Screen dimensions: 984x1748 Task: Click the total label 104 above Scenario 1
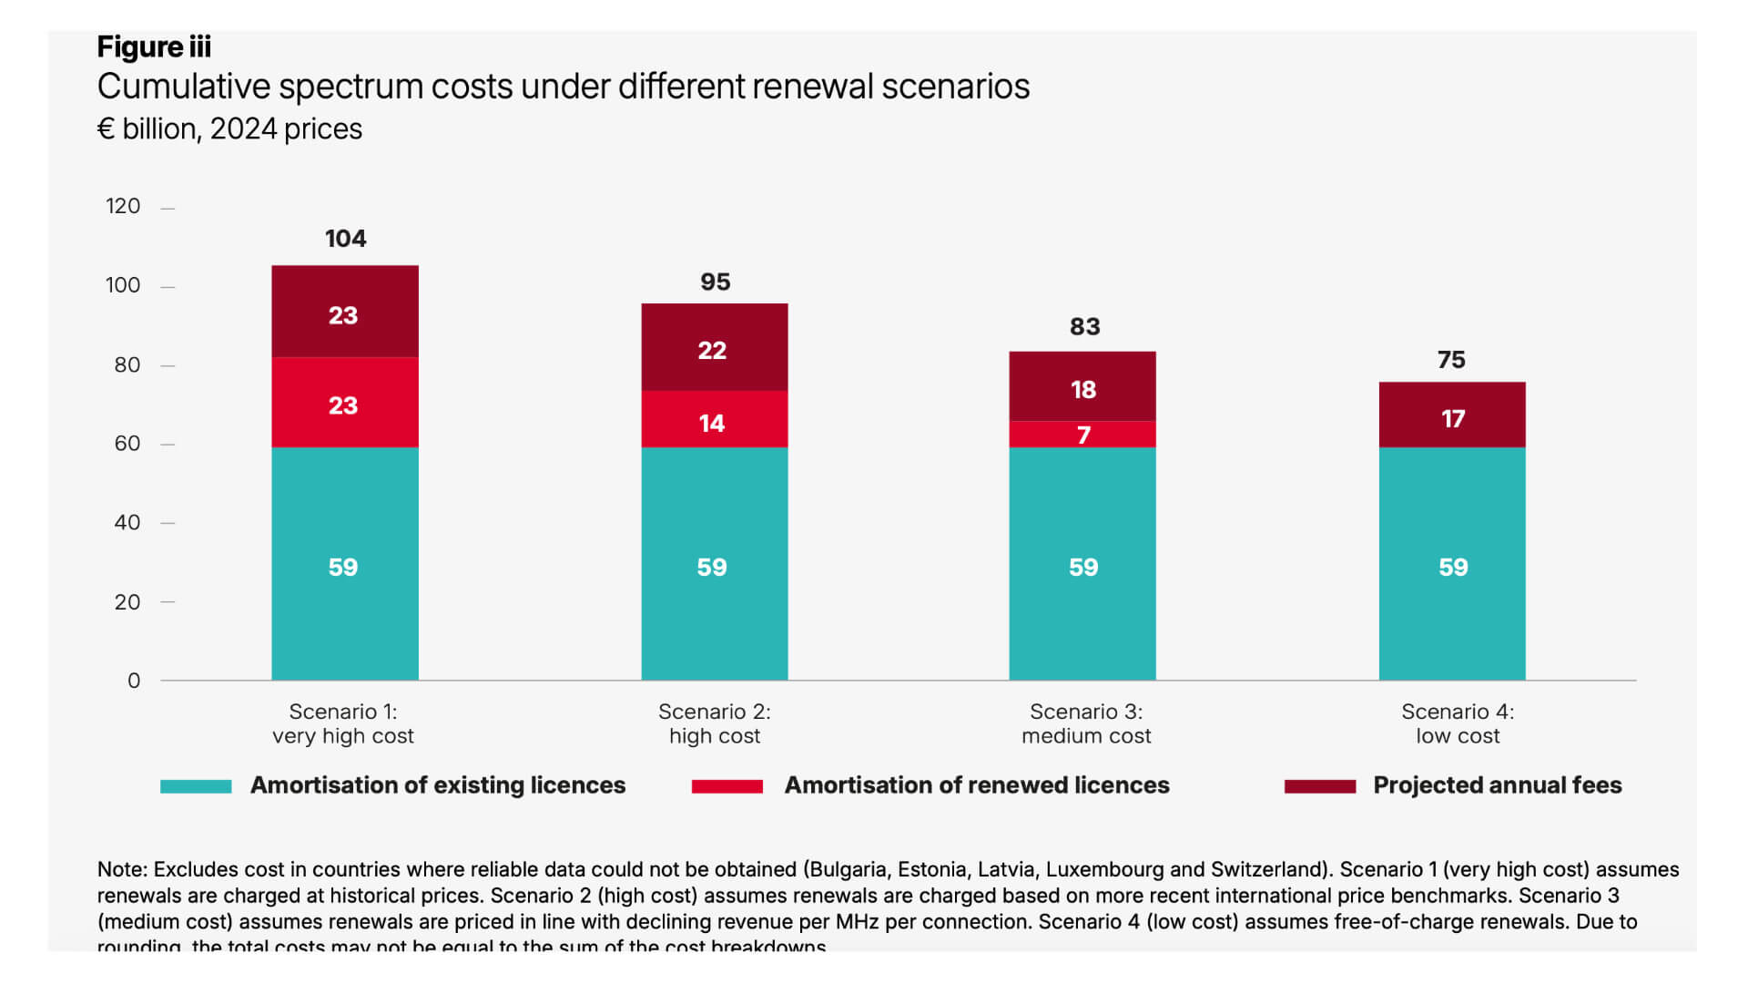(x=345, y=239)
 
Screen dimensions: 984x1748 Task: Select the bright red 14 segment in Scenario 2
(x=714, y=420)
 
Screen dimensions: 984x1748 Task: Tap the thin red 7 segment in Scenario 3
(x=1082, y=435)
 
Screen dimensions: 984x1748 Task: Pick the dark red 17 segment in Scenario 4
(x=1451, y=415)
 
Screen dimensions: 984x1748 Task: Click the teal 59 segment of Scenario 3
(x=1082, y=565)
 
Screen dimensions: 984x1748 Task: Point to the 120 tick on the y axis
(x=123, y=206)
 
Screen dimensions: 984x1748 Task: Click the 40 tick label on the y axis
(x=127, y=523)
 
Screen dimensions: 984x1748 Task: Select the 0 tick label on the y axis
(x=134, y=681)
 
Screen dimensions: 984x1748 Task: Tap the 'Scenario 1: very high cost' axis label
(x=343, y=723)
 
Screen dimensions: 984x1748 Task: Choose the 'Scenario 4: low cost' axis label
(x=1457, y=723)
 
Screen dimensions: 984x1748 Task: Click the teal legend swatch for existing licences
(x=196, y=786)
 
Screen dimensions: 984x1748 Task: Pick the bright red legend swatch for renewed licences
(x=727, y=786)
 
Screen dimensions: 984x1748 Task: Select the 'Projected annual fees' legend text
(x=1497, y=785)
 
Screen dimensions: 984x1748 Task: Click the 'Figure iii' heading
(x=154, y=46)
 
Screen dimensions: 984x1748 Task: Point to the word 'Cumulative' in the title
(x=184, y=87)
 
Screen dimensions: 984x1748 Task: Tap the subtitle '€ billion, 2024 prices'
(x=229, y=129)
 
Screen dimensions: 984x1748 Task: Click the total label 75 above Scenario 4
(x=1451, y=360)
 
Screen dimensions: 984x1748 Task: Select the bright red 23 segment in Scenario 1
(x=344, y=403)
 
